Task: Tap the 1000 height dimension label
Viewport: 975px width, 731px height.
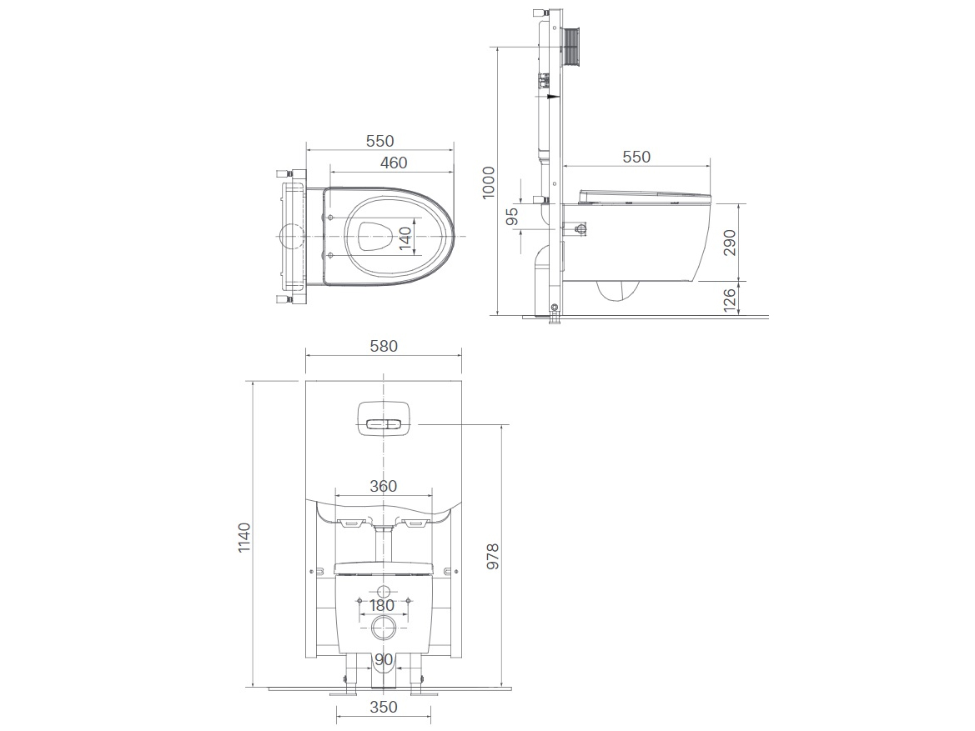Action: point(488,182)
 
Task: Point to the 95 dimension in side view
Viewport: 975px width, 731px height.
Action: point(512,216)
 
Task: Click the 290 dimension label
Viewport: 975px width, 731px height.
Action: point(730,242)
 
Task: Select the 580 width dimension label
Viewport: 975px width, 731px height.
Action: point(384,344)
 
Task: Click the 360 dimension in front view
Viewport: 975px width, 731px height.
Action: point(383,486)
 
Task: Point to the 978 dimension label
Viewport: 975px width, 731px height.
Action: point(492,557)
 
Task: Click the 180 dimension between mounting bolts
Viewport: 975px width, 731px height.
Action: point(382,606)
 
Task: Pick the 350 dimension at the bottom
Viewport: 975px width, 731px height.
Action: point(383,707)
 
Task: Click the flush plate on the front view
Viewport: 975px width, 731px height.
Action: point(384,418)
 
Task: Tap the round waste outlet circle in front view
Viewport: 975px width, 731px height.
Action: point(384,628)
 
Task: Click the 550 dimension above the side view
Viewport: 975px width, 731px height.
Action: point(636,157)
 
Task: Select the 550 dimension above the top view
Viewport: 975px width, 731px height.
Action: point(379,142)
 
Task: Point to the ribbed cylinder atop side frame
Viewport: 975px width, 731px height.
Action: point(573,46)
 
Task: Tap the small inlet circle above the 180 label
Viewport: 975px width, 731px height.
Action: point(383,592)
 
